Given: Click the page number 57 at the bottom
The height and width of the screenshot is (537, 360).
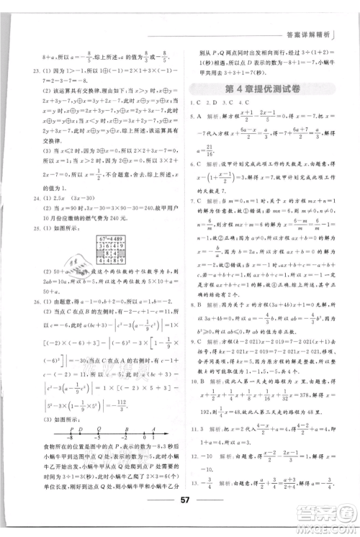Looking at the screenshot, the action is tap(180, 518).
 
